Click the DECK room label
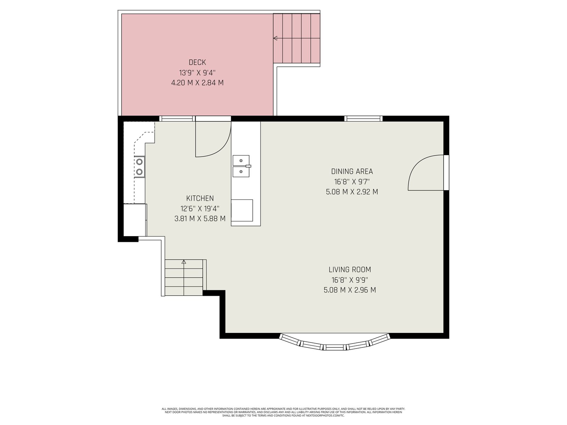(197, 62)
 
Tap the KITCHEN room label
(200, 198)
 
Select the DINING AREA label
(352, 171)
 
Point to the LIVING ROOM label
(350, 270)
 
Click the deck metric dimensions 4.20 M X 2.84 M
(197, 83)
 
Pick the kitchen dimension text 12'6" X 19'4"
(200, 209)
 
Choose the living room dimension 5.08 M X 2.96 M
(350, 290)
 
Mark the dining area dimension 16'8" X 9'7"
(352, 182)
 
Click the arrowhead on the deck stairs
(275, 38)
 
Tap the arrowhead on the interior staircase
(184, 262)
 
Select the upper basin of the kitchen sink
(241, 160)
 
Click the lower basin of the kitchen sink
(241, 172)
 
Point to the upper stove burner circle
(140, 162)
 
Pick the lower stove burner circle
(140, 172)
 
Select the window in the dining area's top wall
(364, 118)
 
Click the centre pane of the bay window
(335, 347)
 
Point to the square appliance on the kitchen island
(242, 210)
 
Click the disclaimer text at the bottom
(283, 412)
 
